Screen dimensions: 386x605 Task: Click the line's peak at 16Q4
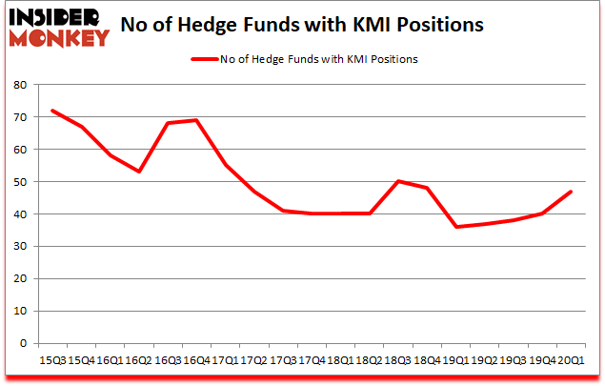(195, 120)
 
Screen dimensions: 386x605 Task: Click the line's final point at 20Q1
(570, 192)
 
